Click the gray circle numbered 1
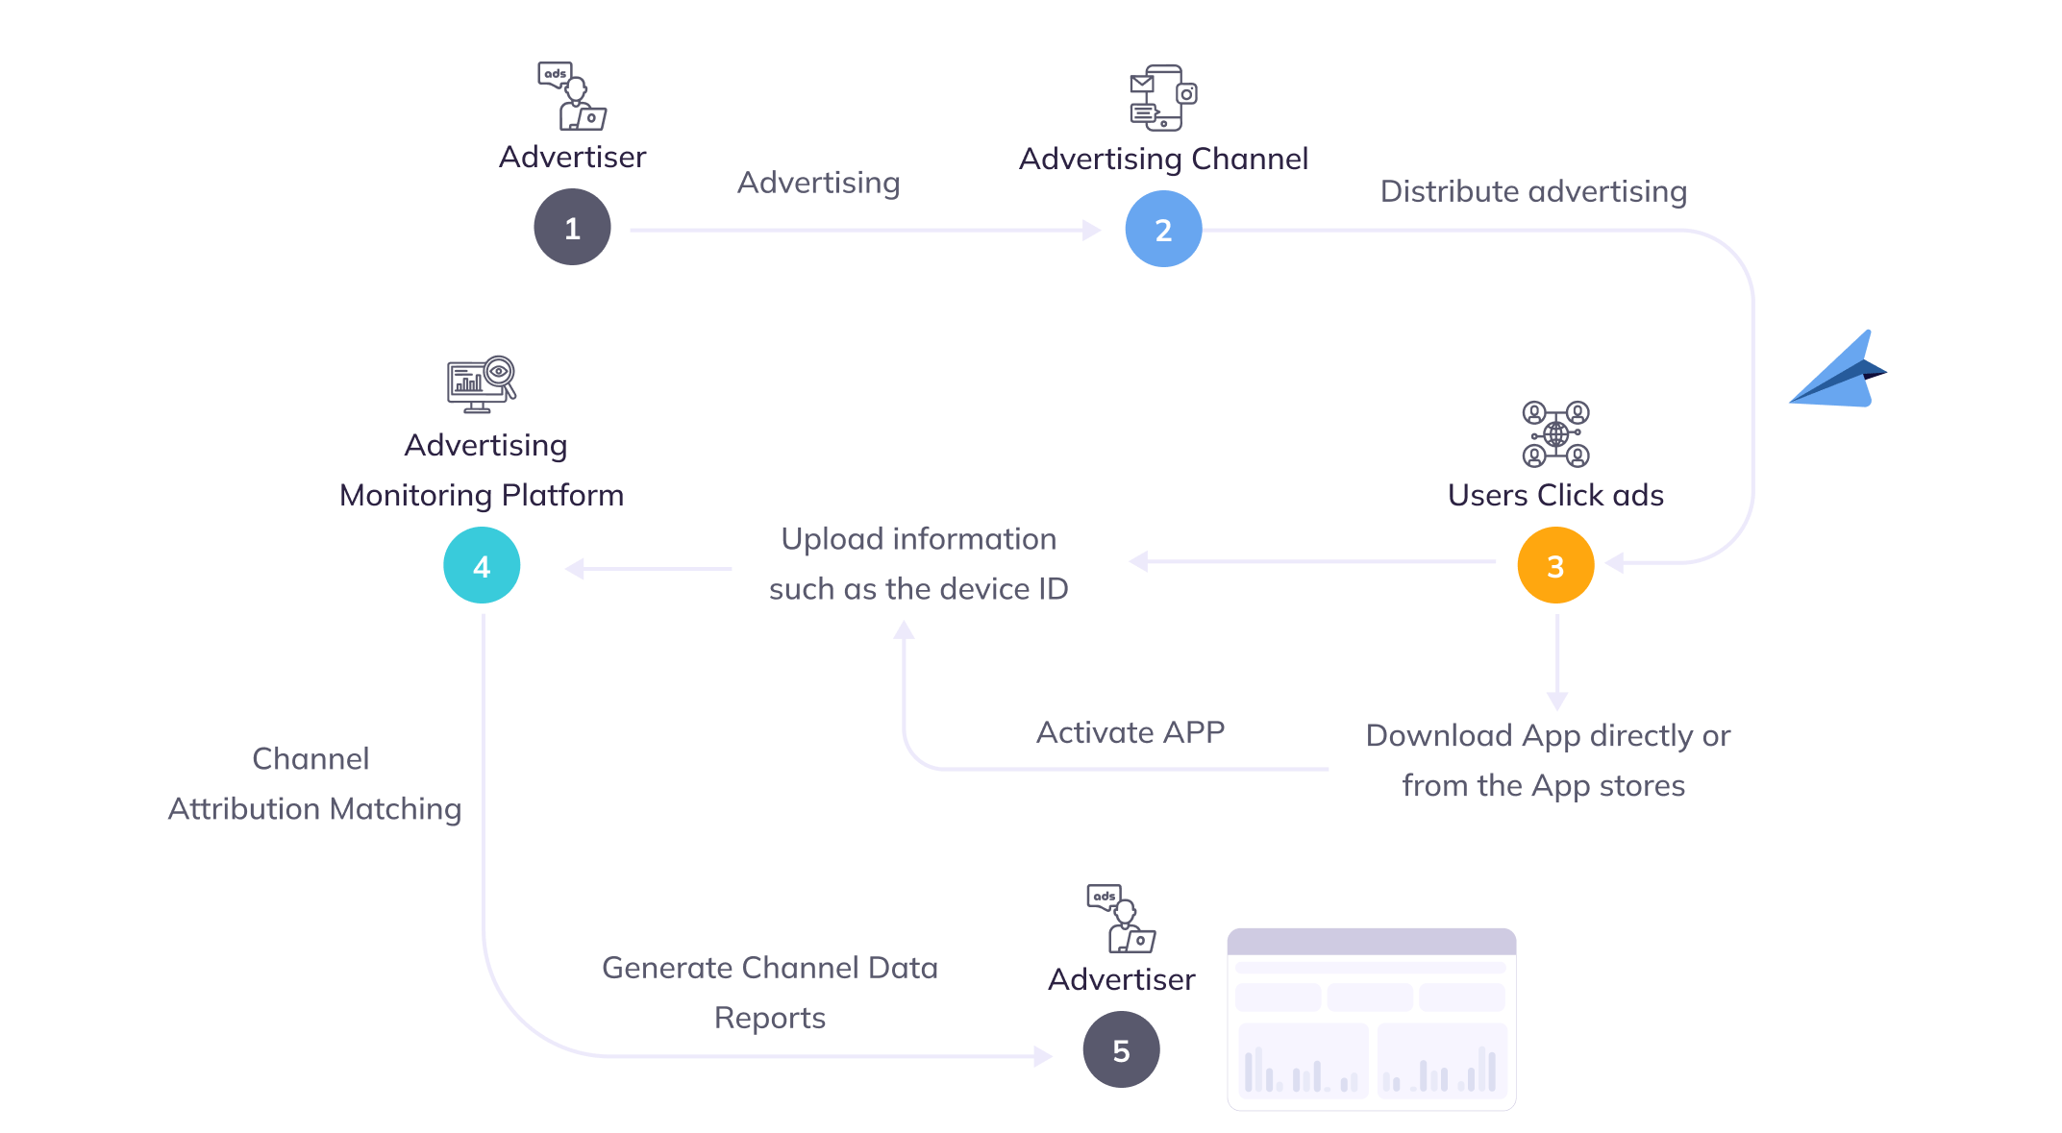click(572, 228)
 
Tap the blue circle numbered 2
click(1163, 230)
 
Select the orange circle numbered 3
click(1555, 566)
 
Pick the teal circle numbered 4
click(482, 566)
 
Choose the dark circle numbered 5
click(1121, 1050)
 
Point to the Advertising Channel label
click(1163, 159)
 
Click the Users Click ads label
click(1555, 495)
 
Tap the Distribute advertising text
click(1533, 191)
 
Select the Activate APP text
click(1130, 732)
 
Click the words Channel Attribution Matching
click(313, 784)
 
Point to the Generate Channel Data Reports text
click(770, 992)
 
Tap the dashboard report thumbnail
click(1372, 1020)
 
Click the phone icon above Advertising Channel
click(1163, 97)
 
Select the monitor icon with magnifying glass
click(482, 384)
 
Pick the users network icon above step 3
click(1555, 434)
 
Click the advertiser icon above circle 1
click(572, 96)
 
